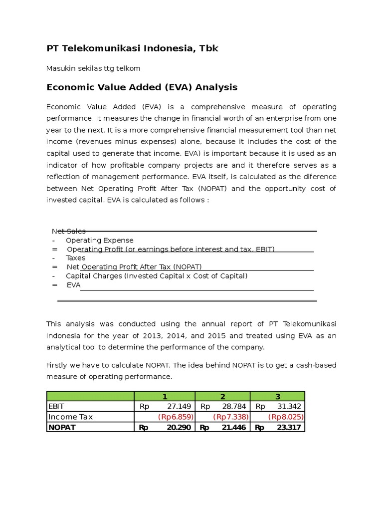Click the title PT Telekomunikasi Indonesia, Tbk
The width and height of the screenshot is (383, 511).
(132, 48)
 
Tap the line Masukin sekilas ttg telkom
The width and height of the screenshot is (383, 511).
(93, 68)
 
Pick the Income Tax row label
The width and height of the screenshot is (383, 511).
(70, 417)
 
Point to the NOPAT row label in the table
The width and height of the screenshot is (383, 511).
(62, 427)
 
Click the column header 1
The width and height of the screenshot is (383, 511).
(165, 396)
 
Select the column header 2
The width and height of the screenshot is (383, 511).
(222, 396)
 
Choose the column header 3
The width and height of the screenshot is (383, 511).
(278, 396)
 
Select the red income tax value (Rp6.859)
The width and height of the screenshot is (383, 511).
(176, 417)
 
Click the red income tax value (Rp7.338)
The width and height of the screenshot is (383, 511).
(230, 417)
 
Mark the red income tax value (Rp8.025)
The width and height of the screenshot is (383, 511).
(286, 417)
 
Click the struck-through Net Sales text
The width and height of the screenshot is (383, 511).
(69, 231)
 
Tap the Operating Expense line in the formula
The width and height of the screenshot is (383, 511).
(100, 240)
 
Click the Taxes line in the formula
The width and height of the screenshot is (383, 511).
(75, 258)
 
